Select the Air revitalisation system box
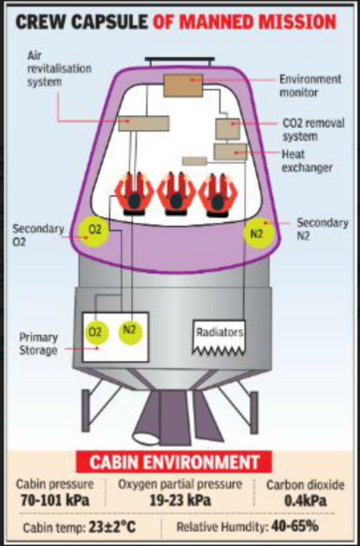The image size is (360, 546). (x=143, y=123)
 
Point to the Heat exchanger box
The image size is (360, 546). (x=229, y=152)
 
